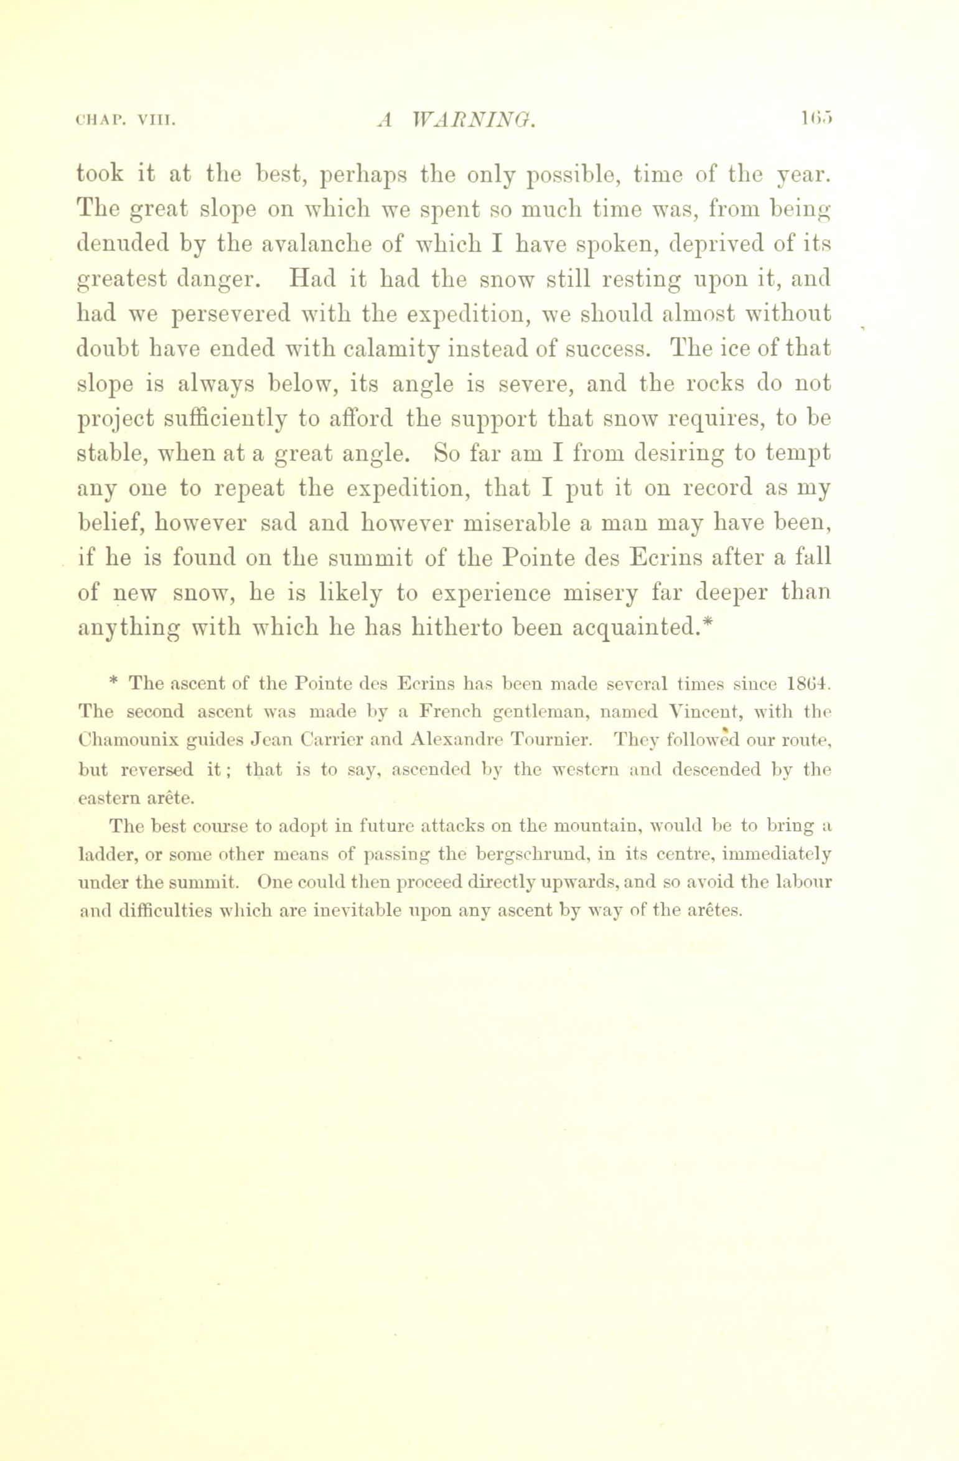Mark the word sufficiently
point(230,418)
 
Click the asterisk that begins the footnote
point(113,683)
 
